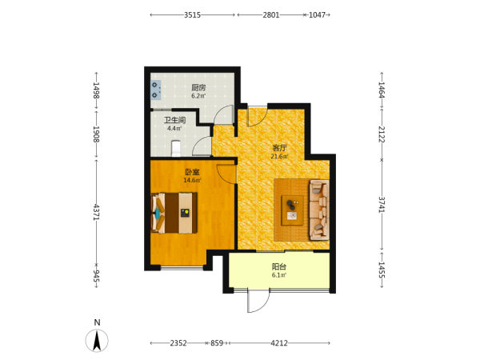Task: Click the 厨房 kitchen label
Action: (x=198, y=87)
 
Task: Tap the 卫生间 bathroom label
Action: (x=174, y=120)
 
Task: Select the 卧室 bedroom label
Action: (x=192, y=172)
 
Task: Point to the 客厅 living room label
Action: (x=279, y=148)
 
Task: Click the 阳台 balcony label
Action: (x=279, y=266)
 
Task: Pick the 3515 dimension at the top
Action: (x=192, y=14)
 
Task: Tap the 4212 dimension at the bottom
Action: (x=279, y=343)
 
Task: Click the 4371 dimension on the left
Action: (x=96, y=212)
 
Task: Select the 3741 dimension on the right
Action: (x=382, y=205)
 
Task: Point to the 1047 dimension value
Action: (x=317, y=14)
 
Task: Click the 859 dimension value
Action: (x=217, y=343)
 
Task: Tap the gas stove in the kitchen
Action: (x=156, y=90)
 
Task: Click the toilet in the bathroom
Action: (x=176, y=148)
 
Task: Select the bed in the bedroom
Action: (x=174, y=213)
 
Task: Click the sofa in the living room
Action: (x=319, y=210)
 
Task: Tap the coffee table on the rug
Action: (x=292, y=210)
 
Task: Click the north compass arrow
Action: (x=97, y=341)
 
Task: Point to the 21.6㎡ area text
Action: (x=279, y=157)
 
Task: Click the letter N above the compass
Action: (x=97, y=322)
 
